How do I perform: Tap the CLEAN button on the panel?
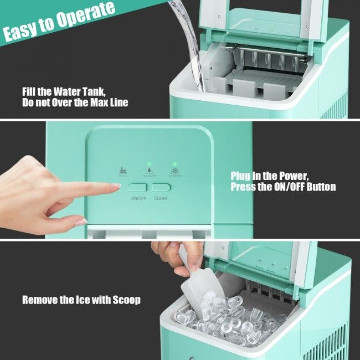click(x=160, y=188)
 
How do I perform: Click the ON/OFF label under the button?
click(x=138, y=198)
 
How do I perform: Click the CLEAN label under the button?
click(x=161, y=198)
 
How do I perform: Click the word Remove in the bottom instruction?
click(x=38, y=300)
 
